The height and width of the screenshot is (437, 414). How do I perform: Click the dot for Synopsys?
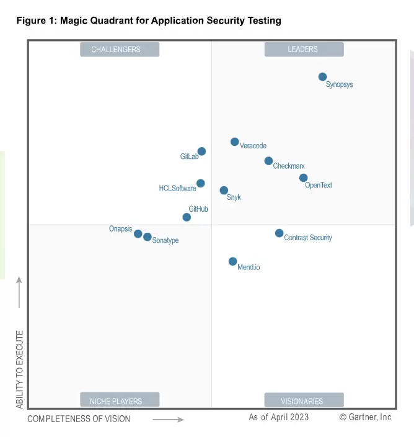322,77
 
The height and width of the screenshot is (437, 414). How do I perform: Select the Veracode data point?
234,142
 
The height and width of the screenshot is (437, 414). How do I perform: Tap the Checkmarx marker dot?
268,161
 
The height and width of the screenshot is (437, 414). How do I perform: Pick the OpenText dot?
303,178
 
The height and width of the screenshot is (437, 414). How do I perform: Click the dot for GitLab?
201,151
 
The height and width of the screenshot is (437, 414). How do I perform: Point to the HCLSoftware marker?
201,183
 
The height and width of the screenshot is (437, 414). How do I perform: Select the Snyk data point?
224,191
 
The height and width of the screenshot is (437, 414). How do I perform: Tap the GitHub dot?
187,217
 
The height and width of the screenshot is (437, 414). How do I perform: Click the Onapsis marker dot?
138,234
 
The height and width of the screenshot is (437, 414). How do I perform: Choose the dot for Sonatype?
147,237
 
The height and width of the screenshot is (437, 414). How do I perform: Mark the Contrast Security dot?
279,233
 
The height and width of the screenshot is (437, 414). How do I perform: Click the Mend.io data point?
232,262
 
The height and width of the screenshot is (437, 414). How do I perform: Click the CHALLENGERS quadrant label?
120,50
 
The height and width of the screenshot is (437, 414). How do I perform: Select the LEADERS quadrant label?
303,50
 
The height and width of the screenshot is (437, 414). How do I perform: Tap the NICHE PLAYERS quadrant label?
120,400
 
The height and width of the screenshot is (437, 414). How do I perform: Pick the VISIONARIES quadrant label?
303,400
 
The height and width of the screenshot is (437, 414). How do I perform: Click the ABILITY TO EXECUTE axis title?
20,369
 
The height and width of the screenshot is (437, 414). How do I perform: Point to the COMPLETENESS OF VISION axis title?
79,419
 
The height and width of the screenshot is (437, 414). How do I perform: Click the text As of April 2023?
278,417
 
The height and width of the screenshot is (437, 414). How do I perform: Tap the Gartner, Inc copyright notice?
365,417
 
